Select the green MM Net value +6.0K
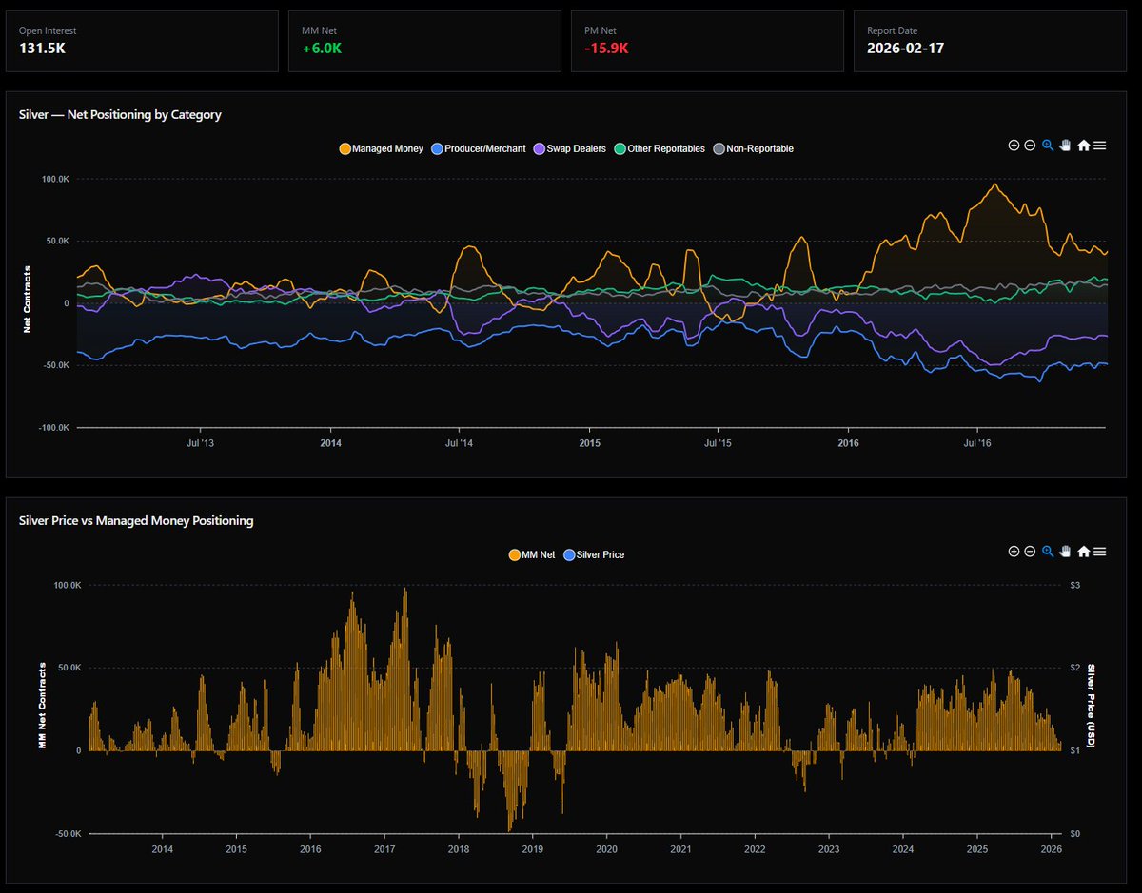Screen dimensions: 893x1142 (321, 48)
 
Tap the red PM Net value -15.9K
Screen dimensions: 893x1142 (606, 48)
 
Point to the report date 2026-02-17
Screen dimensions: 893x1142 (905, 48)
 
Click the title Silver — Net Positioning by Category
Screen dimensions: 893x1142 (120, 114)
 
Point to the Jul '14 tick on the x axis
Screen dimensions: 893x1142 (459, 442)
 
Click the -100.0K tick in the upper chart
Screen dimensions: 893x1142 (53, 428)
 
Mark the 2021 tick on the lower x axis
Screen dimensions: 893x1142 (680, 848)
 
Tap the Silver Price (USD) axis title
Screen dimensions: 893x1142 (1092, 706)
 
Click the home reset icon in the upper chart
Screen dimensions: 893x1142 (1083, 146)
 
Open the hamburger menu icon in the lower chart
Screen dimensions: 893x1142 (1099, 552)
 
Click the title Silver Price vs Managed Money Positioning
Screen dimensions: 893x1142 (136, 520)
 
